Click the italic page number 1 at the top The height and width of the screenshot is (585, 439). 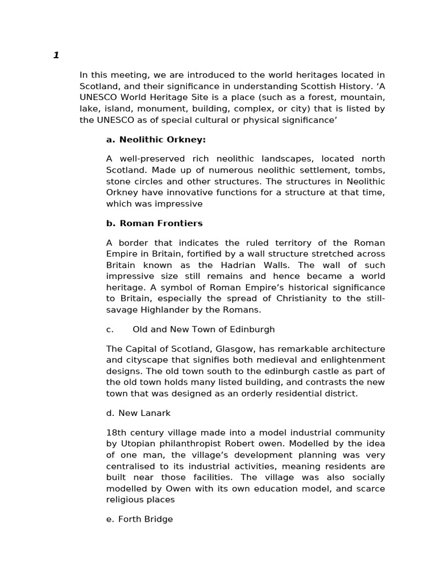tap(56, 55)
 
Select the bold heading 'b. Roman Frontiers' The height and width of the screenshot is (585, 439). tap(154, 223)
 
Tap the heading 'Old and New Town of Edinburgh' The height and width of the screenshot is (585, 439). tap(203, 329)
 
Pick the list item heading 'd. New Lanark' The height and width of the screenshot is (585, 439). tap(138, 412)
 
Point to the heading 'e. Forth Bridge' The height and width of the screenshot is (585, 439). tap(139, 519)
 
